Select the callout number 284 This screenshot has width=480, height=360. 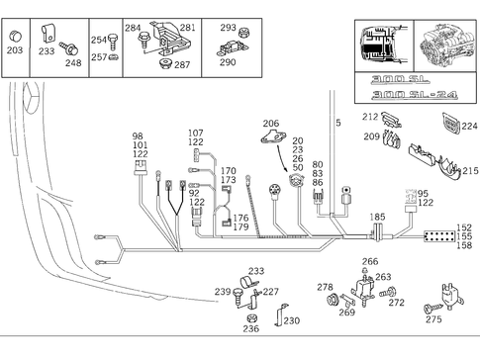pyautogui.click(x=133, y=28)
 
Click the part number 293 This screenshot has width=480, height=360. pyautogui.click(x=228, y=28)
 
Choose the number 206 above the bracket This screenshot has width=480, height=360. pyautogui.click(x=270, y=123)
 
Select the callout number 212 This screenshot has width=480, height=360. pyautogui.click(x=369, y=118)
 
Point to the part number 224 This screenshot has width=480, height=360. pyautogui.click(x=469, y=127)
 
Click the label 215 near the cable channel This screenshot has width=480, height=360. pyautogui.click(x=469, y=171)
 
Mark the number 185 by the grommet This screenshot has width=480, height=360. pyautogui.click(x=377, y=216)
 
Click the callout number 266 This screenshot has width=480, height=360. pyautogui.click(x=369, y=262)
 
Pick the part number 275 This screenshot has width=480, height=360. pyautogui.click(x=433, y=319)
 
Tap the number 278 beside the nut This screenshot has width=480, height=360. pyautogui.click(x=324, y=287)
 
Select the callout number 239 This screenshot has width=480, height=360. pyautogui.click(x=223, y=292)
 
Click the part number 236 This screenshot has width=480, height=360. pyautogui.click(x=250, y=329)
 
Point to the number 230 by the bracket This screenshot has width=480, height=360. pyautogui.click(x=291, y=320)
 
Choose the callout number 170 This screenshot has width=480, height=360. pyautogui.click(x=228, y=171)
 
